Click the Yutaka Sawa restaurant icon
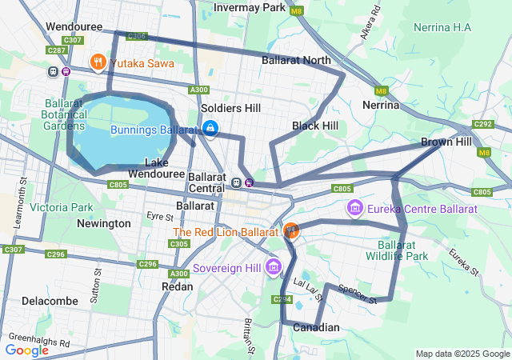[x=98, y=62]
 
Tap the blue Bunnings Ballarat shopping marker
[x=210, y=128]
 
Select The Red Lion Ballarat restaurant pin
[x=291, y=231]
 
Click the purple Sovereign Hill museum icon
[x=274, y=266]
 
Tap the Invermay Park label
[x=250, y=8]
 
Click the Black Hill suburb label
[x=314, y=126]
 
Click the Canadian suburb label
[x=316, y=327]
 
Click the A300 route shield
[x=199, y=90]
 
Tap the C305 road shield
[x=179, y=244]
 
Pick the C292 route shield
[x=482, y=124]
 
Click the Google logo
[x=27, y=350]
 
